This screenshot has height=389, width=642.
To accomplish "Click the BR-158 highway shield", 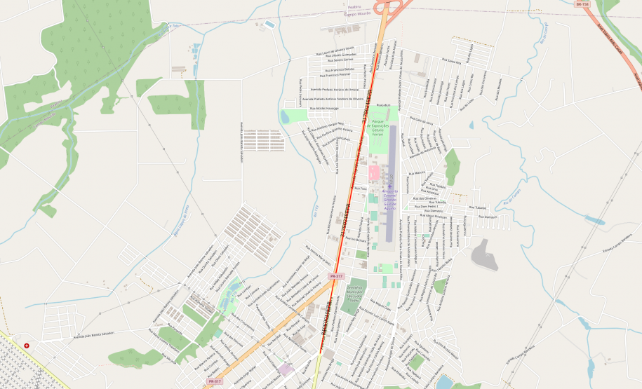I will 580,4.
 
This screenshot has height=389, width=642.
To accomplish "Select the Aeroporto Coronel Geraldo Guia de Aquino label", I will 391,199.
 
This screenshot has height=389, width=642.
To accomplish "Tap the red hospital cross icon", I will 27,346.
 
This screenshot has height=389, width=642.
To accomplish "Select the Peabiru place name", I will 354,8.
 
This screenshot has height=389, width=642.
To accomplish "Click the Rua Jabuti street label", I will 382,105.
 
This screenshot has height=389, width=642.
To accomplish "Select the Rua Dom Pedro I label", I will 429,207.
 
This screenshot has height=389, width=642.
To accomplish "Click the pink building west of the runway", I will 374,172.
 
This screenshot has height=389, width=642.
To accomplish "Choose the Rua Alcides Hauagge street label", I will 322,109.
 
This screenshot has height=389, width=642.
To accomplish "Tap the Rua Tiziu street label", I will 360,189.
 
